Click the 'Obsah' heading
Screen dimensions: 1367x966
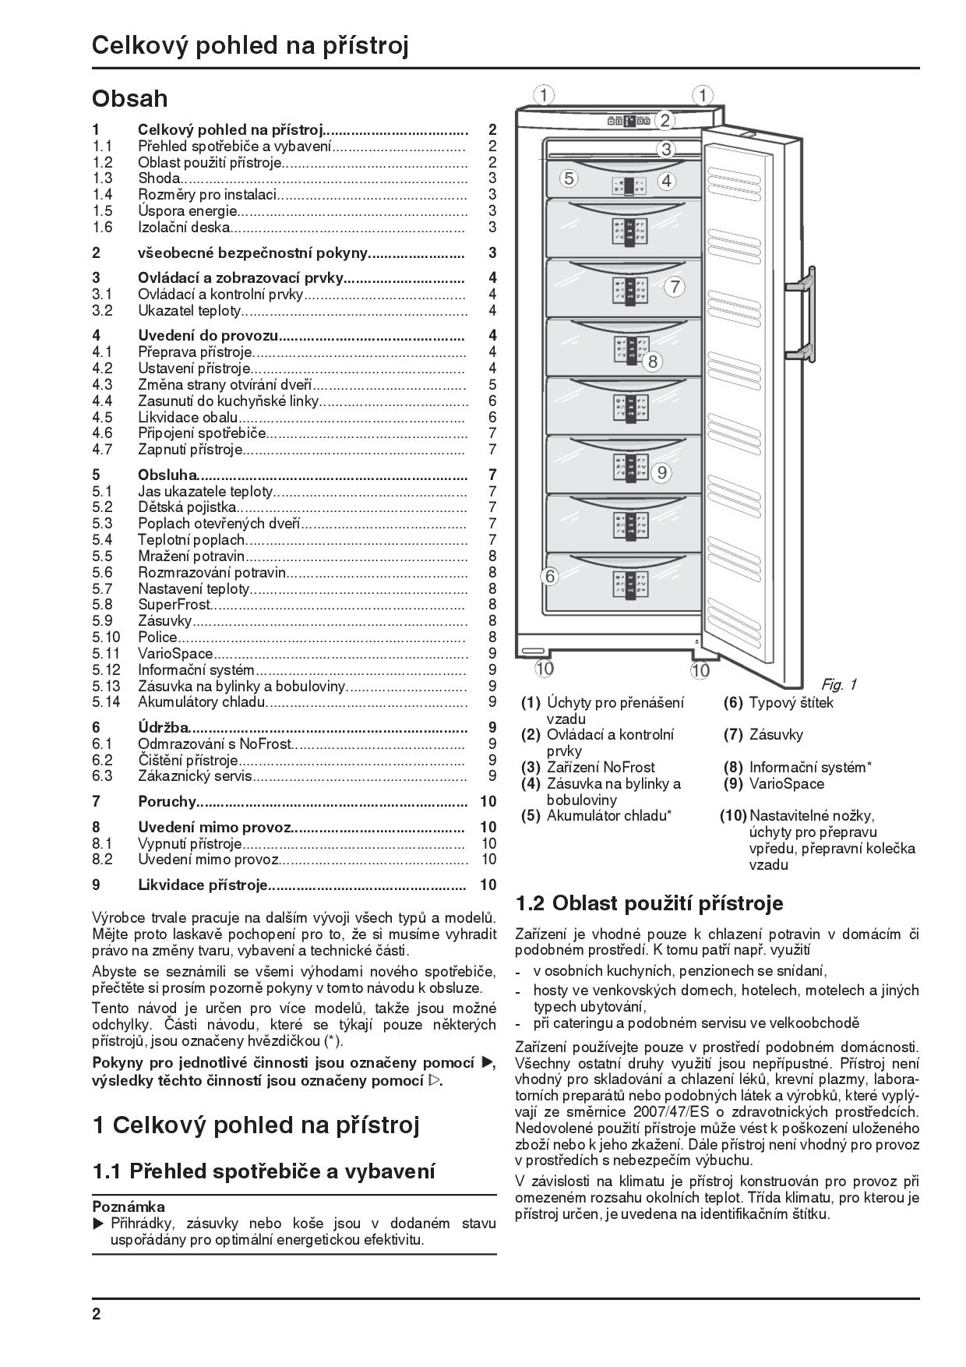coord(129,99)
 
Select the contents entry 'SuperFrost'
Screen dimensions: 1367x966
coord(174,604)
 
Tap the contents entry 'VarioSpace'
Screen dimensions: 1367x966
coord(175,653)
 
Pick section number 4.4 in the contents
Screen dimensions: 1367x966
coord(102,401)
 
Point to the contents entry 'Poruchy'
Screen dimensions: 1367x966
coord(166,801)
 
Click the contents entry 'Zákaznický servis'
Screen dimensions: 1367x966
coord(195,775)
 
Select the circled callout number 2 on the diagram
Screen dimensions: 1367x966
coord(665,120)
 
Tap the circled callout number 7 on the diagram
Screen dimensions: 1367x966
coord(675,287)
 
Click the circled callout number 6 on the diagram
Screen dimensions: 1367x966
coord(550,577)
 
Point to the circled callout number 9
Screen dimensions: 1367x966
coord(662,472)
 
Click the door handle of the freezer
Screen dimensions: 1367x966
coord(802,316)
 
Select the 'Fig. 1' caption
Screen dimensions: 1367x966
coord(839,684)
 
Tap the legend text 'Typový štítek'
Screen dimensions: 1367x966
coord(791,702)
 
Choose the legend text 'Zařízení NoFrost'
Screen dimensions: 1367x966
coord(601,767)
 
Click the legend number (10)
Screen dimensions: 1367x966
coord(732,815)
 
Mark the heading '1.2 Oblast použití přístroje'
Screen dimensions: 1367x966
coord(650,903)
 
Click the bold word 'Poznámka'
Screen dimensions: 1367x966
coord(129,1206)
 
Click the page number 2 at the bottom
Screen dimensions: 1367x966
coord(97,1314)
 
